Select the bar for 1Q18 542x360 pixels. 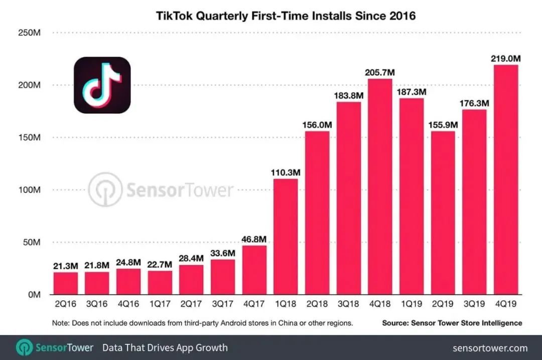click(x=286, y=237)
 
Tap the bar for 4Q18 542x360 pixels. click(x=380, y=187)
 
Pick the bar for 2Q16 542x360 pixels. click(x=66, y=283)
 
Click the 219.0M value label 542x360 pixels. click(x=506, y=59)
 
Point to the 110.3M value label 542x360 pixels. click(x=286, y=172)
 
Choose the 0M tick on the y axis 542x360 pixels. click(x=33, y=295)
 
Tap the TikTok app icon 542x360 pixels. click(x=102, y=85)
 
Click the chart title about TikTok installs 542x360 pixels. click(x=286, y=16)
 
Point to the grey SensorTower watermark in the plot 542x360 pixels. click(x=161, y=190)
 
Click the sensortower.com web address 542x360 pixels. click(x=490, y=347)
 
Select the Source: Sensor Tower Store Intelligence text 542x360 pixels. click(x=452, y=323)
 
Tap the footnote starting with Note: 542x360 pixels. click(x=202, y=323)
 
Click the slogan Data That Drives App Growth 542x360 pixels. click(x=165, y=347)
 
